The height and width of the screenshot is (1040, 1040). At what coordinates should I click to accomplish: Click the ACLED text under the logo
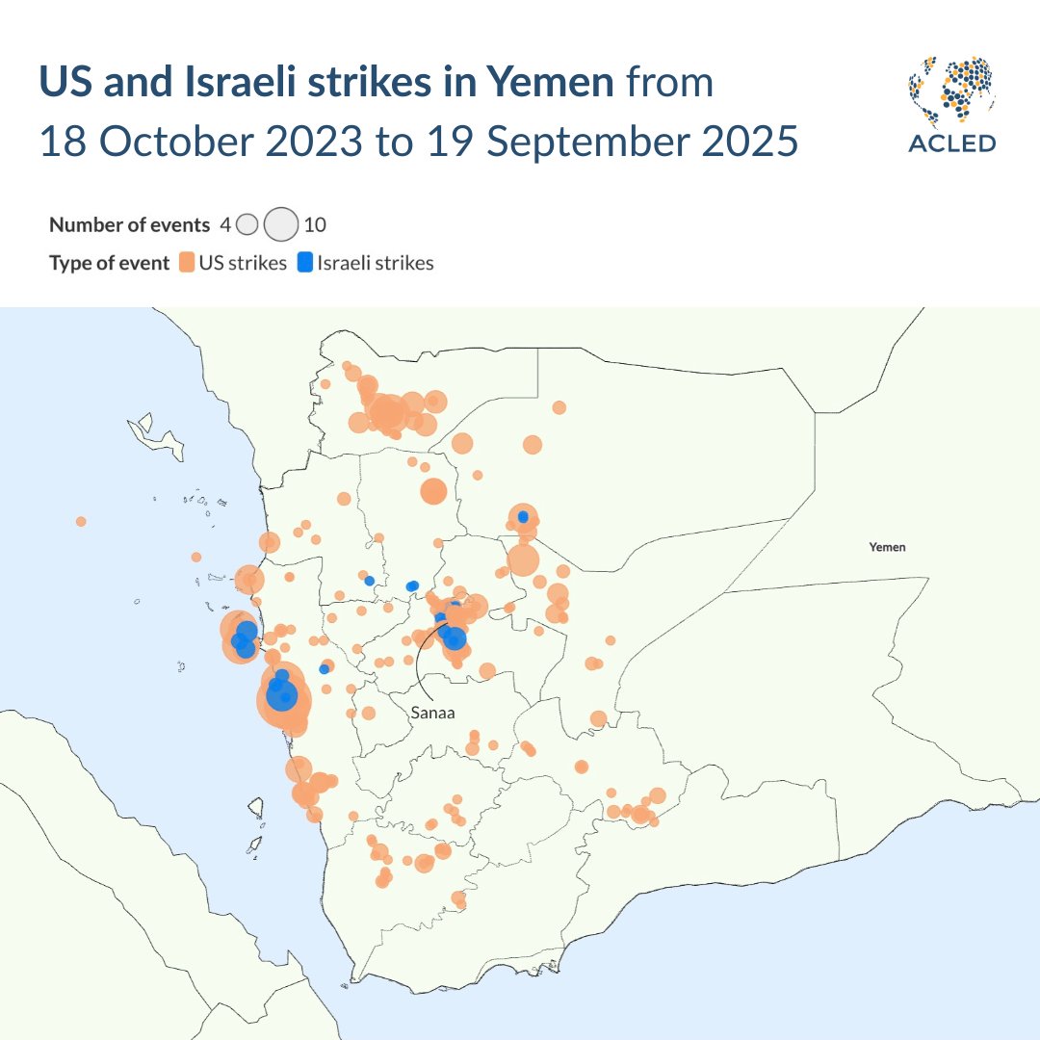tap(952, 143)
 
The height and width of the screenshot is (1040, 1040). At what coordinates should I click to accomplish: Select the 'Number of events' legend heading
tap(129, 225)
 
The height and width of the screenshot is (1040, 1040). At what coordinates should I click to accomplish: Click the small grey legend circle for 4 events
tap(247, 225)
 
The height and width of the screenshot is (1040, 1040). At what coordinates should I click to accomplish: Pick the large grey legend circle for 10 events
tap(281, 225)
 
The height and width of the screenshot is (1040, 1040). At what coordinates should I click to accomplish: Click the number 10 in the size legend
tap(315, 225)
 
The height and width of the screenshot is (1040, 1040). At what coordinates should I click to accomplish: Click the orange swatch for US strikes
tap(187, 263)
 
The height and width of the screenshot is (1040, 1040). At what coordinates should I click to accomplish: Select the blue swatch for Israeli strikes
tap(305, 263)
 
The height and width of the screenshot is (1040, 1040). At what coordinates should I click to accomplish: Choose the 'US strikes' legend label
tap(243, 263)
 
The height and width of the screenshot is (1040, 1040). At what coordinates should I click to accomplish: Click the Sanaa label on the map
tap(431, 714)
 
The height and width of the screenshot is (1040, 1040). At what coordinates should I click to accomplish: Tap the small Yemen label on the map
tap(887, 547)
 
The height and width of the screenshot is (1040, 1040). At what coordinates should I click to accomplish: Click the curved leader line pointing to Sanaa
tap(422, 664)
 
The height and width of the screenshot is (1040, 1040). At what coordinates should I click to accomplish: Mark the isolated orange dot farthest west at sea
tap(81, 521)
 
